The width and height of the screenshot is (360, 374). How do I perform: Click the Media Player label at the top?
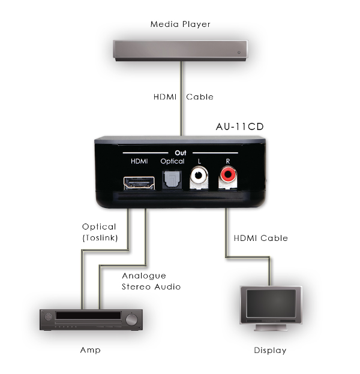[x=180, y=25]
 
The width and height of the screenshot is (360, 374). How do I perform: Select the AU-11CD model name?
[x=239, y=127]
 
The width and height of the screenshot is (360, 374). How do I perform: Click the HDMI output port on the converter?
[x=137, y=183]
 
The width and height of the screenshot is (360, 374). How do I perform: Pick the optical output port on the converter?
[x=172, y=181]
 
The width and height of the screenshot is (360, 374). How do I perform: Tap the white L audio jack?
[x=198, y=177]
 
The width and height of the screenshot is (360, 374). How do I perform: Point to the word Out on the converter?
[x=179, y=153]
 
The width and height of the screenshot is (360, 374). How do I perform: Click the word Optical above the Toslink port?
[x=172, y=162]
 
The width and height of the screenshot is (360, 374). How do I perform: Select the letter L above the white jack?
[x=198, y=162]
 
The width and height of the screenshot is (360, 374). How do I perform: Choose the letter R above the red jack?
[x=227, y=162]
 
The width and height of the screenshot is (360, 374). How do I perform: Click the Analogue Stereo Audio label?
[x=151, y=281]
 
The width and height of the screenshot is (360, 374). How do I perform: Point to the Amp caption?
[x=91, y=349]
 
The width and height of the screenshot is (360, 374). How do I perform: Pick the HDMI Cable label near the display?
[x=260, y=238]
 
